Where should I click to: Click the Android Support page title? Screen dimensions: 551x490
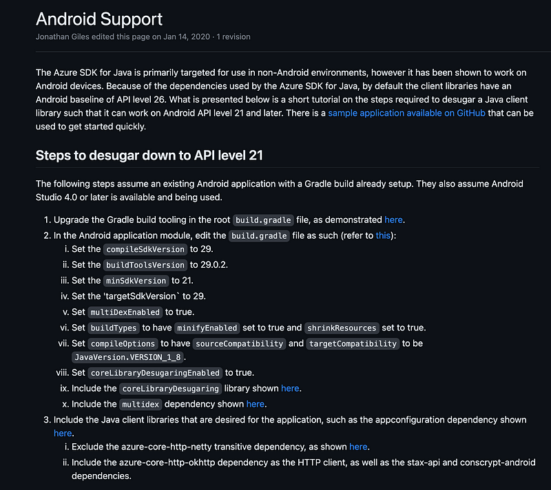point(99,19)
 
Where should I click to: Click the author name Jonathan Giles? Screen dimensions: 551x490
point(63,36)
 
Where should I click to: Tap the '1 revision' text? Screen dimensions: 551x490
point(233,36)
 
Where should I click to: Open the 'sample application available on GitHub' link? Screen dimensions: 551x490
point(406,113)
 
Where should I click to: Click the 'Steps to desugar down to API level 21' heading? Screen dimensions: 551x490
point(149,155)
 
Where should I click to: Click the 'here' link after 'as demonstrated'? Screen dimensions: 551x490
point(393,220)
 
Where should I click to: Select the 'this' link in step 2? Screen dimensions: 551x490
point(383,235)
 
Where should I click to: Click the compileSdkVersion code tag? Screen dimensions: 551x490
point(145,249)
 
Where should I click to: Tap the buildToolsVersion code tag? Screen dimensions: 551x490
point(145,265)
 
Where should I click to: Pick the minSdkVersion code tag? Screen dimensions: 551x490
point(136,281)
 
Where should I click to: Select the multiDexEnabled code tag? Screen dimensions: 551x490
point(125,312)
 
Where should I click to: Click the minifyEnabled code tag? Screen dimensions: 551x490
point(207,328)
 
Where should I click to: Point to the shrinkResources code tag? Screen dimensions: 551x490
point(342,328)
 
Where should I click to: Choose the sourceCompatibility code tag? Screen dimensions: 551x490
point(239,343)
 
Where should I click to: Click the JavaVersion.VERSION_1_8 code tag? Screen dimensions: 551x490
point(127,357)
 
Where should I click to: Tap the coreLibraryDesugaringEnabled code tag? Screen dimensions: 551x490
point(155,373)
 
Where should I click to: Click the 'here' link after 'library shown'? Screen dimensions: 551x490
point(290,388)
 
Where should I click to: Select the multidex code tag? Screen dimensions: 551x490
point(141,405)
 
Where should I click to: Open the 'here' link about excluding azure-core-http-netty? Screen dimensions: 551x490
point(358,447)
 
